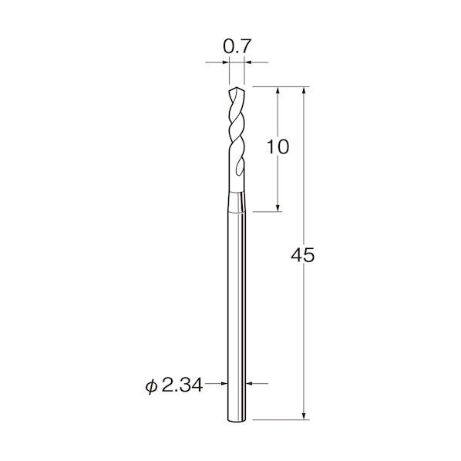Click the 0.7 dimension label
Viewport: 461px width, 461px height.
[237, 46]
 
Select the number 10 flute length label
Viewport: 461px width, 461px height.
[278, 147]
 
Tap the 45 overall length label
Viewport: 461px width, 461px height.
[302, 255]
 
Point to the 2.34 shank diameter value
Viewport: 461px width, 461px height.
[182, 385]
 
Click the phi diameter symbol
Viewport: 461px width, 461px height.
[151, 386]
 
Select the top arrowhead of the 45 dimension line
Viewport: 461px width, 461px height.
[304, 90]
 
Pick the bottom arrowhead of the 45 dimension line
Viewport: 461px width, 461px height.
[304, 416]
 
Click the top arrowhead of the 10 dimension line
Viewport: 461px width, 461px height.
[278, 90]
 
